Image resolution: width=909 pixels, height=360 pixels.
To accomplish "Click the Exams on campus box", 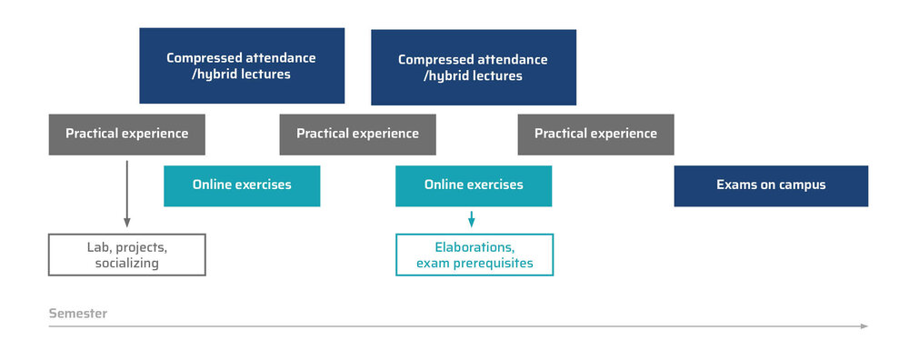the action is [x=771, y=186].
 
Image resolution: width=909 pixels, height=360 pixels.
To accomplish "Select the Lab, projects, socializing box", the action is [x=127, y=255].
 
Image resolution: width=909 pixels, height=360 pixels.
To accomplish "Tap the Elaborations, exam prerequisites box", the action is [x=474, y=255].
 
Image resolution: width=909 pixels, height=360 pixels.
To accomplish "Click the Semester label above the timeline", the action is [x=77, y=314].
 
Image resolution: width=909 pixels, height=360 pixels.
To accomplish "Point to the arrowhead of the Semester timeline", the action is [x=864, y=326].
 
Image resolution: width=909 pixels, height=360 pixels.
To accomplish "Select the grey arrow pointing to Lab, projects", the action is [x=127, y=195].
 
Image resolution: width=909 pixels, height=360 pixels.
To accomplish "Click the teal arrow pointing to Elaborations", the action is [x=471, y=219].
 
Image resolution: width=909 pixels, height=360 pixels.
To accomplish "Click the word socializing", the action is [x=127, y=264].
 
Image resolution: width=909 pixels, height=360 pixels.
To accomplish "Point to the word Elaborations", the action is [x=474, y=247].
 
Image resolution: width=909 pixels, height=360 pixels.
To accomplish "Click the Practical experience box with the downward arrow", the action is [x=127, y=135].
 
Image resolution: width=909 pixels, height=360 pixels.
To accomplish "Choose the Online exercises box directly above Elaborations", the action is [x=474, y=186].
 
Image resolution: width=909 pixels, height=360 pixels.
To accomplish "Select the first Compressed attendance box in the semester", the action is [x=242, y=65].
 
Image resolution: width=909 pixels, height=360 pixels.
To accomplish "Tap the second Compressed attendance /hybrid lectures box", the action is [x=474, y=67].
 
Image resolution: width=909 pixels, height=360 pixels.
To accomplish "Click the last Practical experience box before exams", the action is [x=596, y=135].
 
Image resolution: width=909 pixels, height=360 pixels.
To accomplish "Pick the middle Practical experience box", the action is [x=357, y=135].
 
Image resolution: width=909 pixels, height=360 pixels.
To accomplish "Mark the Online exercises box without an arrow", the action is [x=242, y=186].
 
